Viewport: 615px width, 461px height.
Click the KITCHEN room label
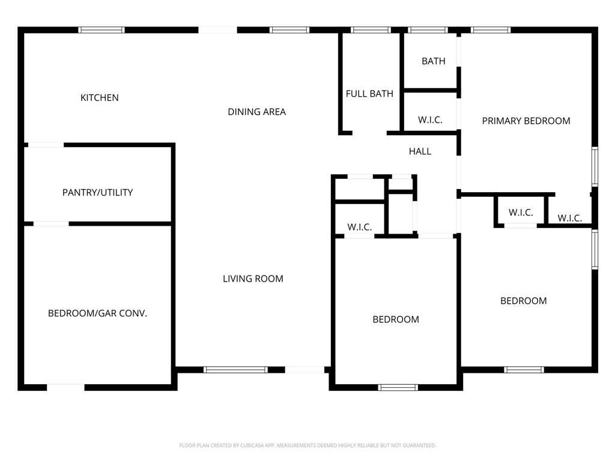click(x=100, y=97)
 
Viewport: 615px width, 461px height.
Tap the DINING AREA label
click(x=256, y=112)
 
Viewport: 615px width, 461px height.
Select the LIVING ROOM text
click(x=253, y=279)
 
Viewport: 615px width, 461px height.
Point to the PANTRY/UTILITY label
click(x=98, y=193)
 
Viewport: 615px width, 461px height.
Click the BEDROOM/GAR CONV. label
click(x=97, y=313)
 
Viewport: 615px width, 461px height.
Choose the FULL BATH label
click(x=369, y=94)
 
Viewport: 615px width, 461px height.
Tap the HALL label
click(x=420, y=151)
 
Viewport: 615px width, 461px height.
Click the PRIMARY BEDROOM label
click(x=526, y=121)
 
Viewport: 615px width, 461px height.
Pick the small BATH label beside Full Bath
click(x=434, y=61)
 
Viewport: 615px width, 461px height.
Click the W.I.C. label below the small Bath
click(x=430, y=120)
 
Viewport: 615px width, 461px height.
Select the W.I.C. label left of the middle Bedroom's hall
click(x=360, y=227)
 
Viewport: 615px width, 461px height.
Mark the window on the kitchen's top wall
click(x=101, y=30)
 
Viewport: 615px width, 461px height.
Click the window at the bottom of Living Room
click(x=235, y=370)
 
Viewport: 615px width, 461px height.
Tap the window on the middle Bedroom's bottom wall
click(x=398, y=387)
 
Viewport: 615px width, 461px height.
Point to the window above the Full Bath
click(x=371, y=30)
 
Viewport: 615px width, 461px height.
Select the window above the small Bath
click(x=428, y=30)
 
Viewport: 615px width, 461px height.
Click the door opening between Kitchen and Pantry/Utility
click(x=46, y=145)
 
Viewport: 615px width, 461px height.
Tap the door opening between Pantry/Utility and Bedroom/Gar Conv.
click(x=51, y=224)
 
